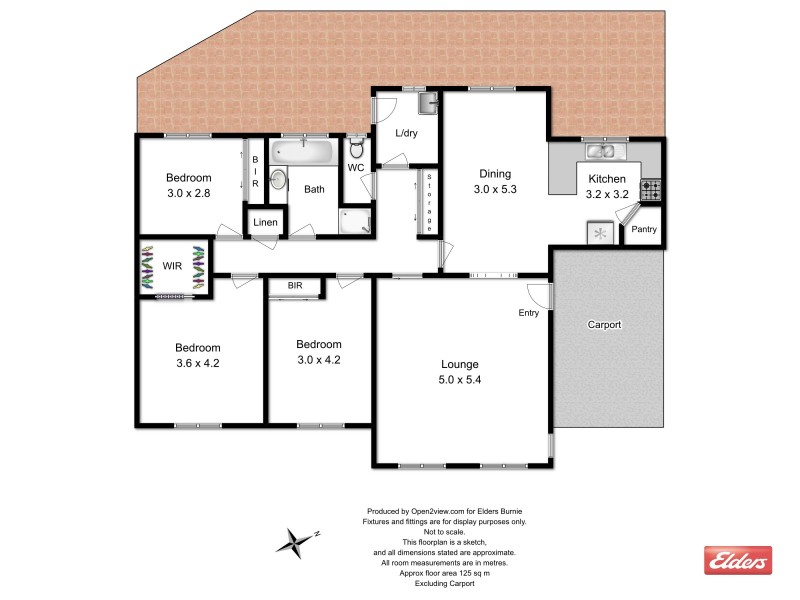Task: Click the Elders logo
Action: pos(738,561)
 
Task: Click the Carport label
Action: pos(604,325)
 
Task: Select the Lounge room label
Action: pos(460,364)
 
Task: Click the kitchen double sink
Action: pos(601,152)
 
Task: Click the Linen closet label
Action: pos(265,222)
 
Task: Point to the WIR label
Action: pos(172,267)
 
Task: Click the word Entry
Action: pos(528,313)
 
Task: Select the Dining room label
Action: pos(493,172)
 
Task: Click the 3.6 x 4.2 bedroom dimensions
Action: pos(197,363)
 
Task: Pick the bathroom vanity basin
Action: pos(278,180)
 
